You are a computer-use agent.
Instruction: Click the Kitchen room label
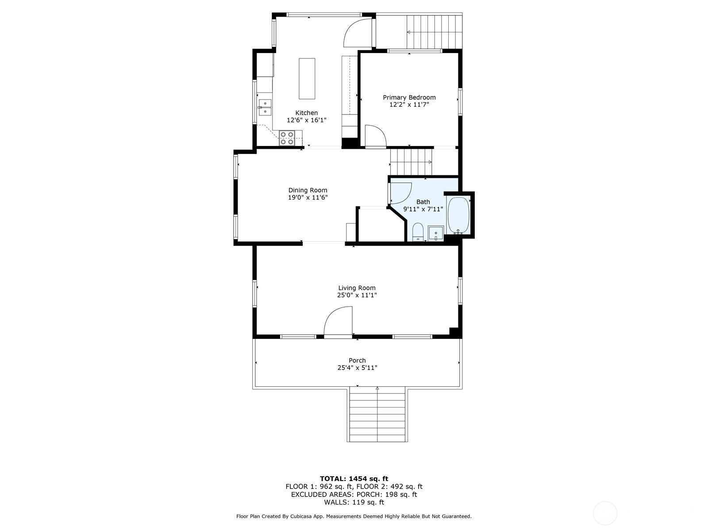[306, 113]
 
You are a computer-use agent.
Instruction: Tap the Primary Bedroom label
[409, 97]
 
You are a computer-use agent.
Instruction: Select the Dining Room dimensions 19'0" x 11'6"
[308, 197]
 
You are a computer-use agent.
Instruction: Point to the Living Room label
[357, 288]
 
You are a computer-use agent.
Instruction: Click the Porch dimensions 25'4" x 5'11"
[357, 368]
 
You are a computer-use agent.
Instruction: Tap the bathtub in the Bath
[458, 215]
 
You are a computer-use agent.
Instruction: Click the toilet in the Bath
[418, 231]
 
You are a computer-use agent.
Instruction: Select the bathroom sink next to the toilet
[436, 233]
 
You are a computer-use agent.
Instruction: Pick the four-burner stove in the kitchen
[287, 138]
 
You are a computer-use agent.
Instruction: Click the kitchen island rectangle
[307, 79]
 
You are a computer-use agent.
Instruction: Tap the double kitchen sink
[265, 108]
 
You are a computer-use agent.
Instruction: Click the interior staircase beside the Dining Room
[411, 162]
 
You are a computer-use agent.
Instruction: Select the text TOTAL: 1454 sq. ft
[354, 478]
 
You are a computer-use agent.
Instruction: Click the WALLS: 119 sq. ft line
[354, 502]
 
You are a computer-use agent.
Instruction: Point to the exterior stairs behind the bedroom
[434, 31]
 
